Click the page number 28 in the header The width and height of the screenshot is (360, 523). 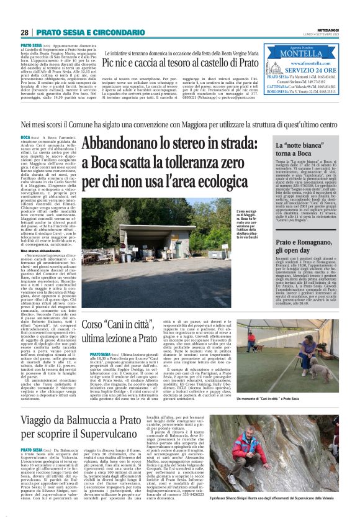(x=25, y=32)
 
